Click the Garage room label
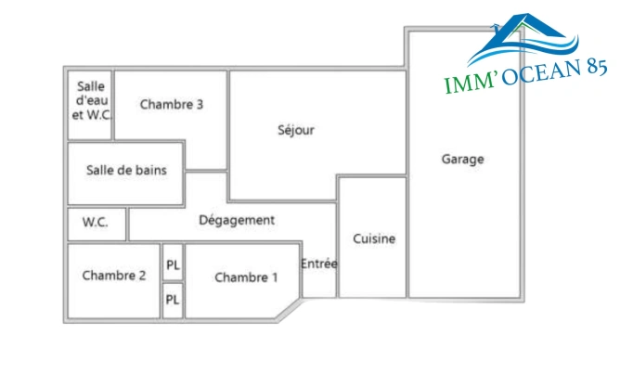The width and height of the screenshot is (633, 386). tap(462, 159)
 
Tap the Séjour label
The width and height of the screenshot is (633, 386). tap(296, 130)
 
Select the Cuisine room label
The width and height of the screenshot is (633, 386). tap(374, 238)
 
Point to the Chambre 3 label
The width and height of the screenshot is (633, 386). tap(172, 104)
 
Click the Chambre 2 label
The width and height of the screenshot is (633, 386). tap(114, 276)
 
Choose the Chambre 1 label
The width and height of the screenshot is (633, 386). tap(246, 277)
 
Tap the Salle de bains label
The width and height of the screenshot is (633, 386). tap(126, 171)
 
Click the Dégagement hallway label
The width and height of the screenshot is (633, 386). tap(237, 220)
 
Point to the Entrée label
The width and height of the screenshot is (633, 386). tap(319, 264)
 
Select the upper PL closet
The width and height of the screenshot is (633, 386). tap(173, 264)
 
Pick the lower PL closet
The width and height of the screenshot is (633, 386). tap(173, 300)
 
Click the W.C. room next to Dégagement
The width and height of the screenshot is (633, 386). tap(96, 223)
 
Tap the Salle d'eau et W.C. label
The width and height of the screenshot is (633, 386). tap(90, 100)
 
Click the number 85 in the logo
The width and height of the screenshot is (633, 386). tap(591, 69)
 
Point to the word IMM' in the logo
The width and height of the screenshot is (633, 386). tap(469, 84)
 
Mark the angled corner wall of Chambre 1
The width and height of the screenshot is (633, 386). tap(290, 310)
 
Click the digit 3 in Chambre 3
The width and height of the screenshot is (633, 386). tap(200, 104)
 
